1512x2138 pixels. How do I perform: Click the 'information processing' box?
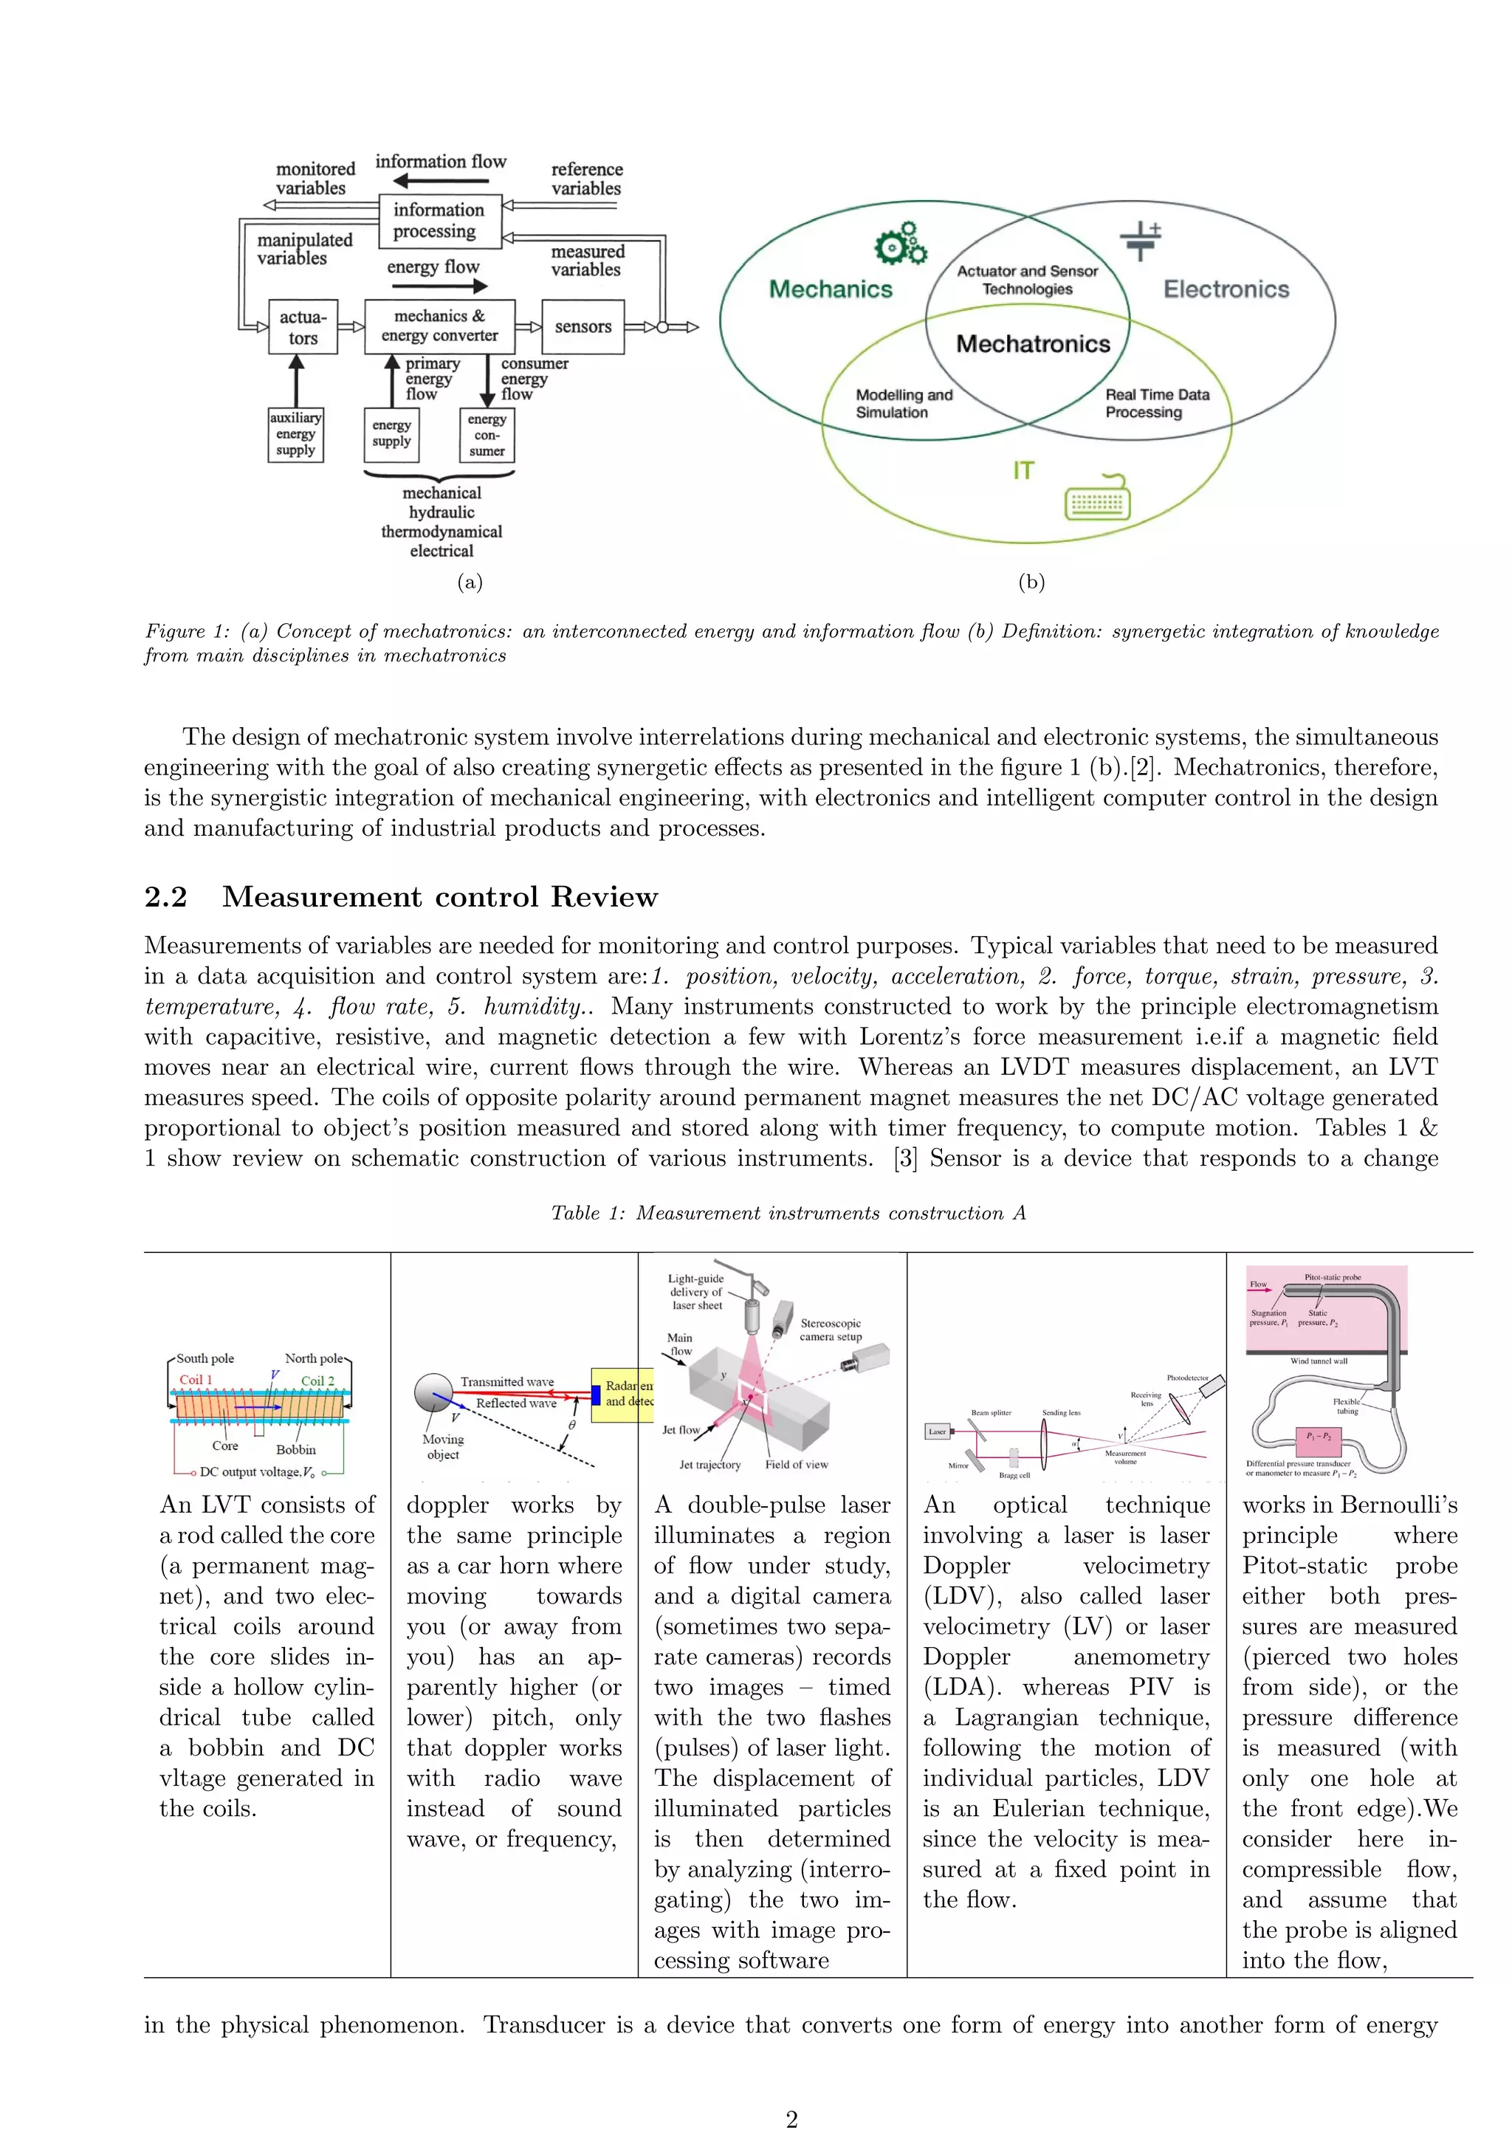pyautogui.click(x=439, y=221)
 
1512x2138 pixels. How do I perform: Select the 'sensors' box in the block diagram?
pyautogui.click(x=583, y=327)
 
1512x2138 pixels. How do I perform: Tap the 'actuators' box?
pyautogui.click(x=303, y=327)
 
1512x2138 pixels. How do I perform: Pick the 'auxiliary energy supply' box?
pyautogui.click(x=295, y=434)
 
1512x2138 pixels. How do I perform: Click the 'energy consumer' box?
pyautogui.click(x=487, y=435)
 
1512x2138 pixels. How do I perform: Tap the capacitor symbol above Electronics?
pyautogui.click(x=1141, y=240)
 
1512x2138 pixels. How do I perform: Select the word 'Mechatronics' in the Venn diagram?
pyautogui.click(x=1033, y=345)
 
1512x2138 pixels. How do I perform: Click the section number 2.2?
pyautogui.click(x=165, y=897)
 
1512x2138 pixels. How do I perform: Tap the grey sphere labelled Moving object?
pyautogui.click(x=433, y=1393)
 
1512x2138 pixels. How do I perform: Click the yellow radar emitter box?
pyautogui.click(x=625, y=1394)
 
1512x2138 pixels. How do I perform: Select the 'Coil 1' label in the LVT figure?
pyautogui.click(x=196, y=1380)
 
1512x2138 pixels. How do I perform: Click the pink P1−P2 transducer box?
pyautogui.click(x=1317, y=1437)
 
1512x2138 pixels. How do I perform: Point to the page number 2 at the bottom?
pyautogui.click(x=791, y=2120)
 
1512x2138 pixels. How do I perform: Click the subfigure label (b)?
pyautogui.click(x=1031, y=582)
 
